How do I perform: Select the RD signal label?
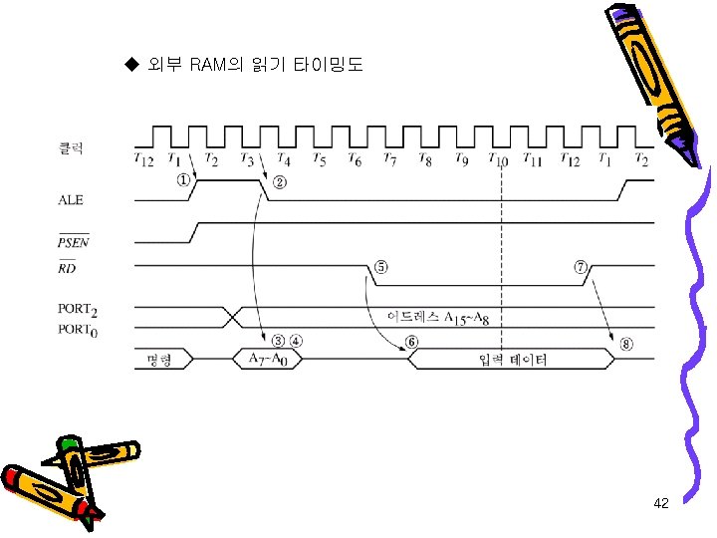(66, 267)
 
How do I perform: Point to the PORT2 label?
(77, 310)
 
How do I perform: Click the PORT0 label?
(77, 329)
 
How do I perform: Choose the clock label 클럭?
(69, 147)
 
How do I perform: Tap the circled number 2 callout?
(280, 181)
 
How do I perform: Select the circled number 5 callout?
(380, 267)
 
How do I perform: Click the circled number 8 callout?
(625, 344)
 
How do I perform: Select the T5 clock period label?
(319, 159)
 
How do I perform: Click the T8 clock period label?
(425, 159)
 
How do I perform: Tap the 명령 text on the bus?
(159, 359)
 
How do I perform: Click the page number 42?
(661, 504)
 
